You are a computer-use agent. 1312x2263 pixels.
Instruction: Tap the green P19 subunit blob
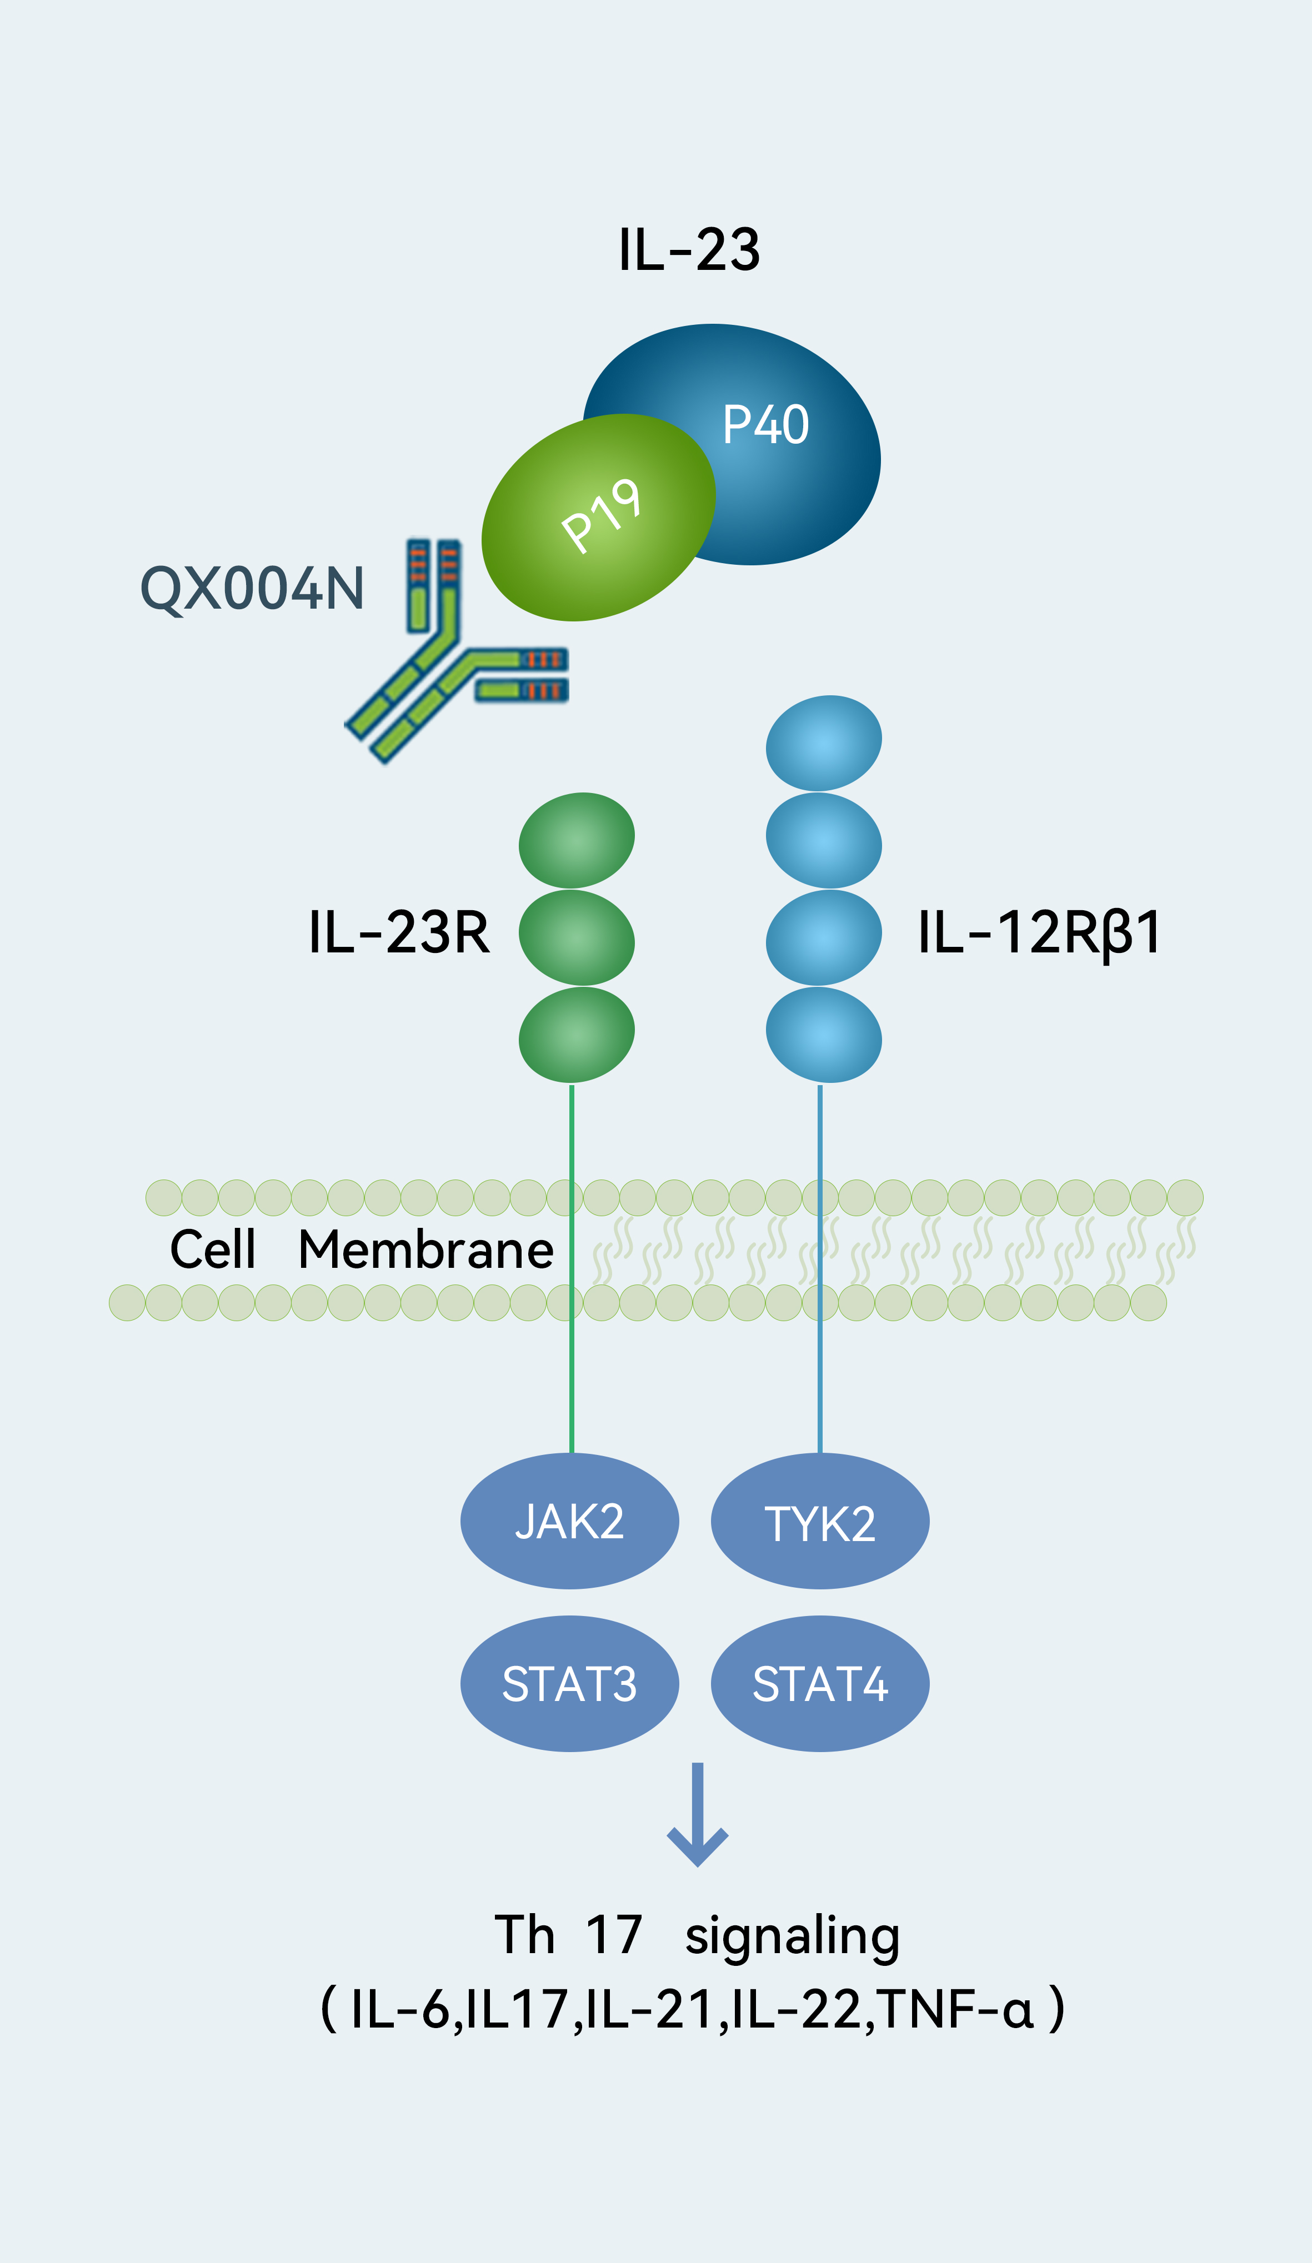pyautogui.click(x=598, y=517)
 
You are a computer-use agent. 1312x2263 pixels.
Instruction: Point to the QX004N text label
pyautogui.click(x=252, y=589)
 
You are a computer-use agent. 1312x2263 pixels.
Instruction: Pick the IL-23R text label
pyautogui.click(x=399, y=932)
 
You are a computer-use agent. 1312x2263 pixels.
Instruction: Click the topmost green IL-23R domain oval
pyautogui.click(x=577, y=840)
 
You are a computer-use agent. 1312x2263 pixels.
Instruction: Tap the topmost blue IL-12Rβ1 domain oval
pyautogui.click(x=824, y=742)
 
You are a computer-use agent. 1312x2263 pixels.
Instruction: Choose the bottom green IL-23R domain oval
pyautogui.click(x=577, y=1035)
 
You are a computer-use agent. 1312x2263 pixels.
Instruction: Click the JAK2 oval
pyautogui.click(x=569, y=1521)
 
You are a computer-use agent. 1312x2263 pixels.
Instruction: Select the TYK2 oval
pyautogui.click(x=820, y=1521)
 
